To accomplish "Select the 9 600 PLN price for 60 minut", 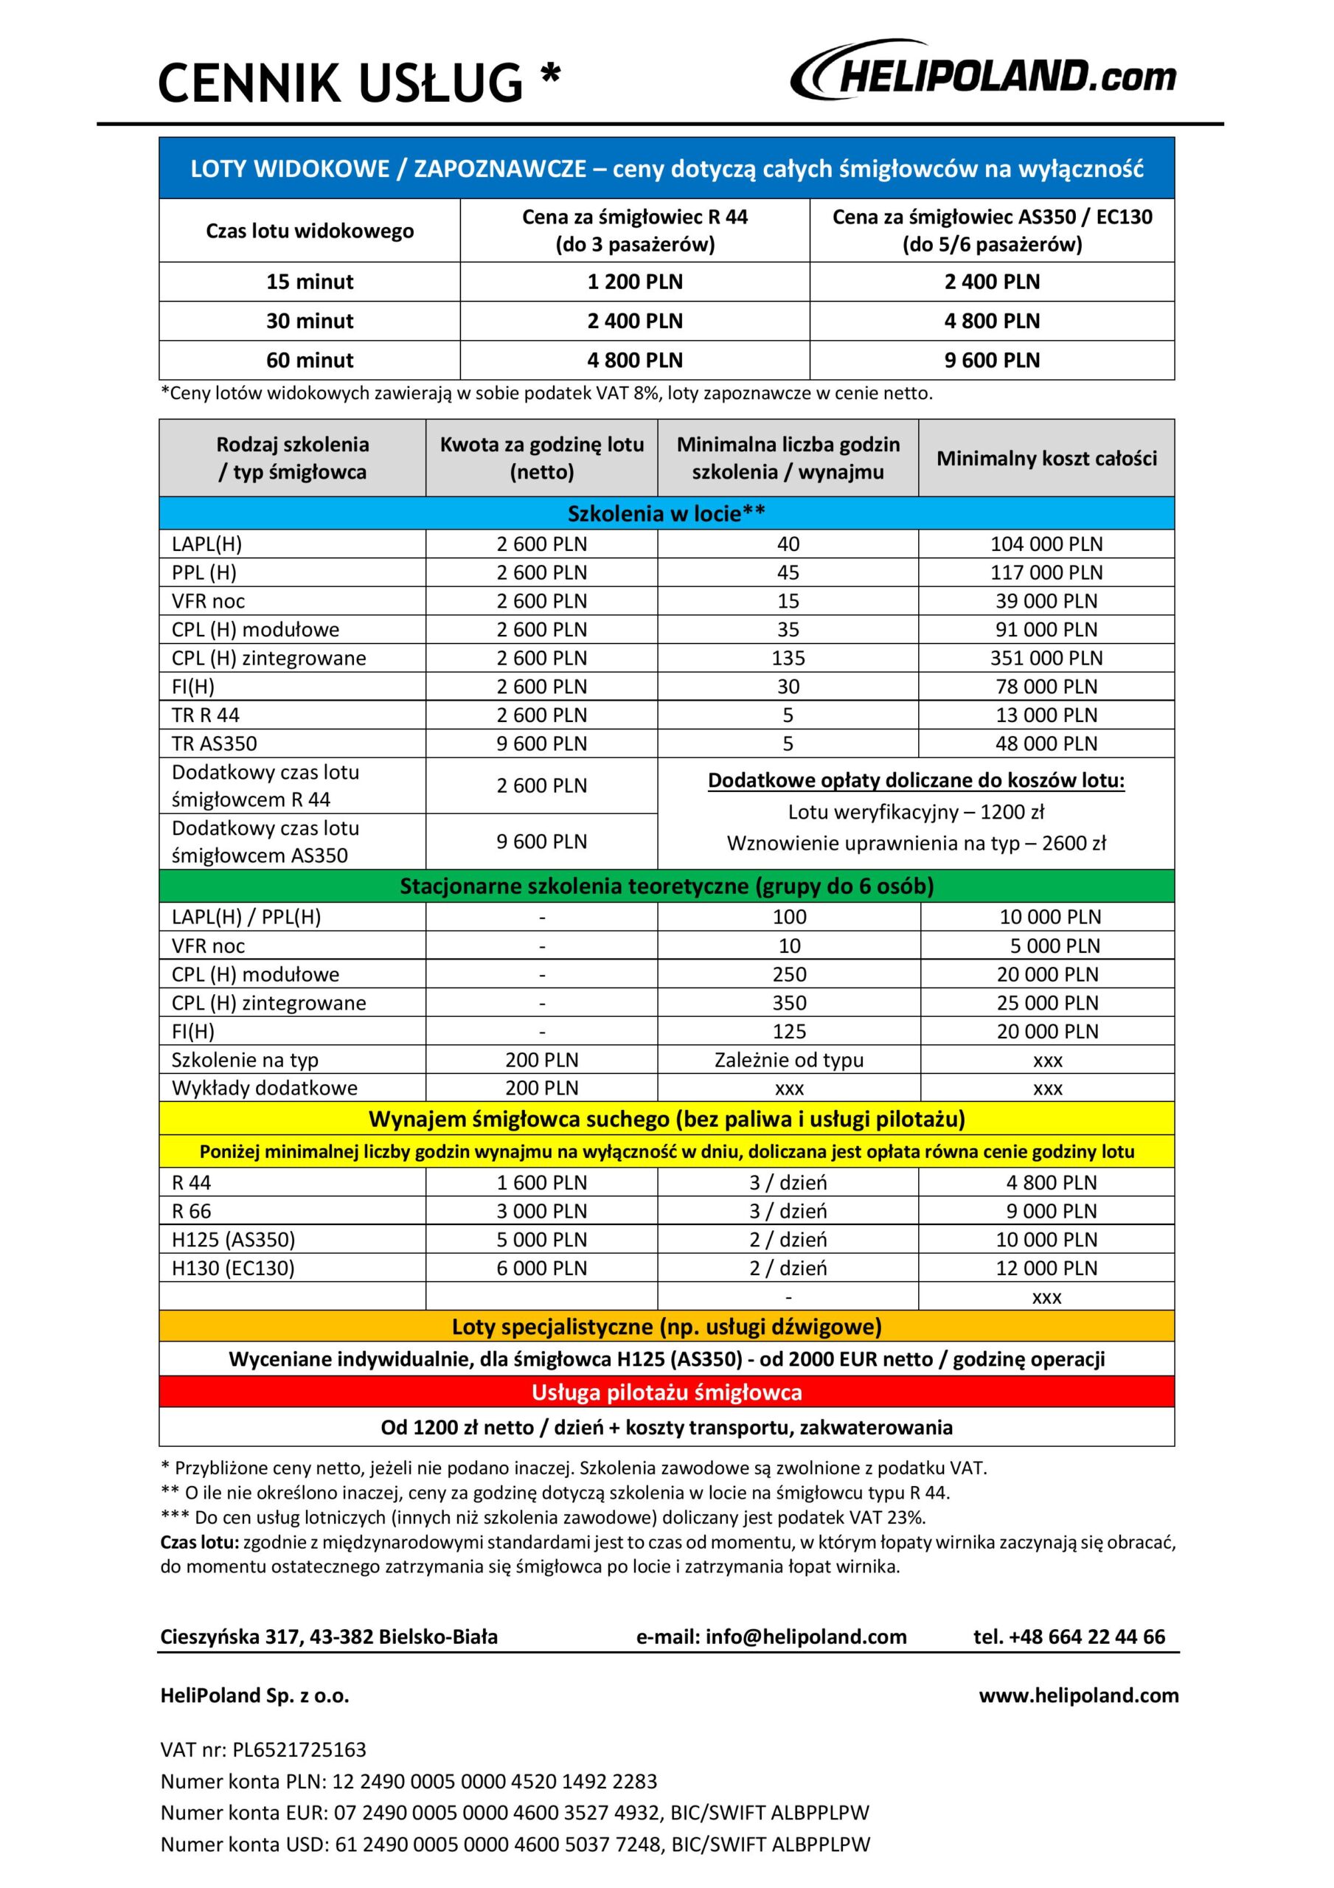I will [x=992, y=360].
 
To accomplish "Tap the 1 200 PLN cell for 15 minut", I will [x=635, y=281].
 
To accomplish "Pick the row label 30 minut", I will [x=309, y=321].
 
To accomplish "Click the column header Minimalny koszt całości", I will [x=1046, y=458].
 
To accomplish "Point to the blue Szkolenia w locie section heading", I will [x=666, y=513].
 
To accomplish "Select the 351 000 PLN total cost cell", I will [x=1046, y=658].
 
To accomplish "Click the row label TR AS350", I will [x=215, y=743].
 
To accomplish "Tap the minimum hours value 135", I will [x=788, y=658].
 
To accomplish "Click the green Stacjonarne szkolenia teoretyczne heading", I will [x=666, y=886].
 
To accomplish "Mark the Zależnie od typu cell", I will [x=789, y=1060].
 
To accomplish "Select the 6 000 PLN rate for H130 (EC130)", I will [x=541, y=1268].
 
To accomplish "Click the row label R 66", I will [x=192, y=1211].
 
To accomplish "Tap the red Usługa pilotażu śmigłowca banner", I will [x=666, y=1392].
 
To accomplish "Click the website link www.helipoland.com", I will [x=1078, y=1695].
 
